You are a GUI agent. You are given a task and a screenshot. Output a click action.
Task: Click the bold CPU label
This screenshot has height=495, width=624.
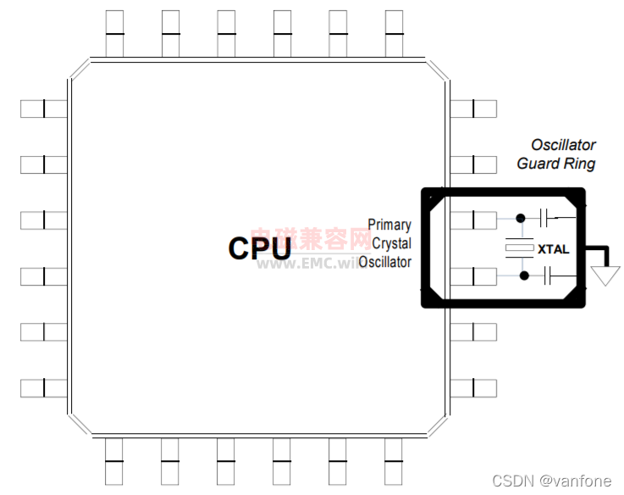click(260, 247)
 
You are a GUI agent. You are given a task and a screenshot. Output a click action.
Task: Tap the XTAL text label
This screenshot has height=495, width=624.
click(554, 249)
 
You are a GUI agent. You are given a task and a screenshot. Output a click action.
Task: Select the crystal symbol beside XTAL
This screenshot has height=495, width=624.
click(517, 247)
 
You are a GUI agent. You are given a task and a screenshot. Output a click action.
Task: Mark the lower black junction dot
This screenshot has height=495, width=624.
click(524, 275)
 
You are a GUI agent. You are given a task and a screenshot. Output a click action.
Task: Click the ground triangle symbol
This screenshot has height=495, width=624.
click(606, 276)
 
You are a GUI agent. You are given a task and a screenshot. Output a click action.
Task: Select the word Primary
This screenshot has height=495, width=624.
click(389, 225)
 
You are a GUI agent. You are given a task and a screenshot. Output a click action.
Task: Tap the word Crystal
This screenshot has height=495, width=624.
click(392, 244)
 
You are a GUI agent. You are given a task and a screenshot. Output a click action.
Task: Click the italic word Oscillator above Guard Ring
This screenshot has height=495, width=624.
click(563, 145)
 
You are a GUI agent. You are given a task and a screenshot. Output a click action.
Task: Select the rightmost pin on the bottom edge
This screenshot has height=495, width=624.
click(394, 462)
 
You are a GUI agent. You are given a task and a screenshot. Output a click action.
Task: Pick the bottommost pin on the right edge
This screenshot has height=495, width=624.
click(473, 388)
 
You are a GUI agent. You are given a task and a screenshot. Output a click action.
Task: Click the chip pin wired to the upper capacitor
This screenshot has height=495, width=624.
click(474, 220)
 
